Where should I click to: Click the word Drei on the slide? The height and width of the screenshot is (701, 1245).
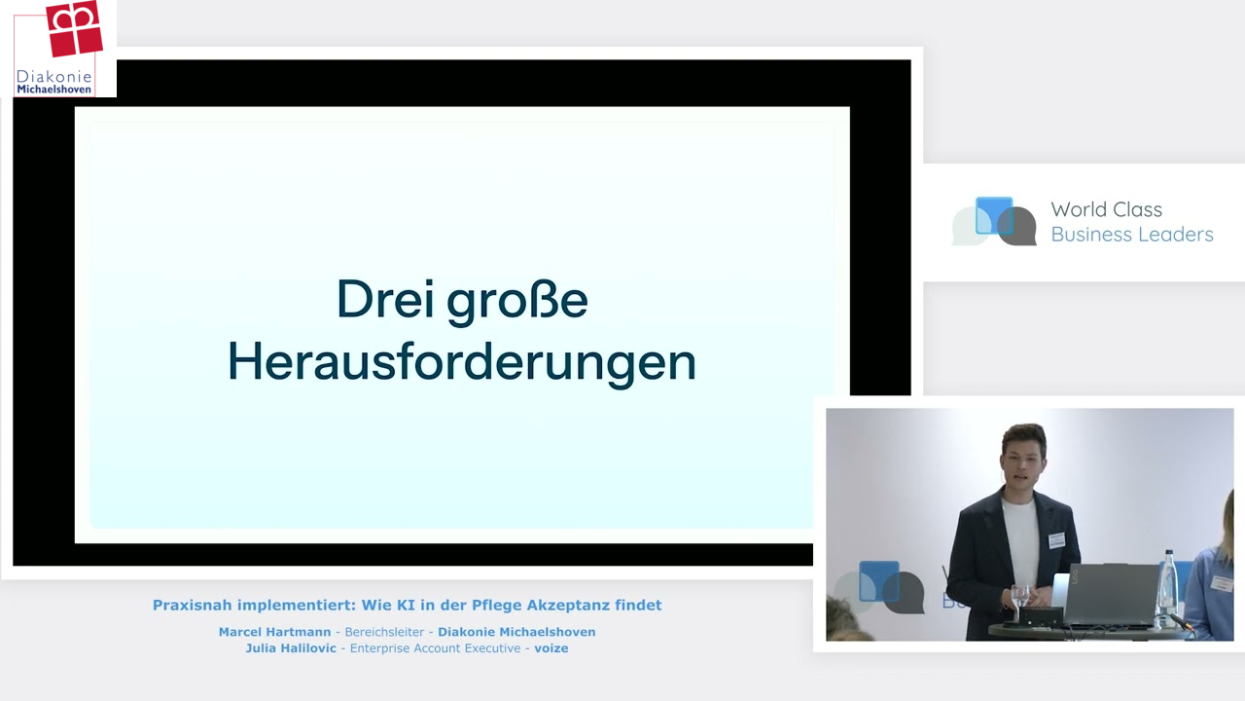click(x=385, y=299)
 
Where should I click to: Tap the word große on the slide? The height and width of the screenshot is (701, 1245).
click(x=517, y=302)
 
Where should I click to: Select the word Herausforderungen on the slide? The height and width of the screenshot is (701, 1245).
click(x=462, y=363)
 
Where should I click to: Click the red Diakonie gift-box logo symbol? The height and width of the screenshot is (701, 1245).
click(x=74, y=28)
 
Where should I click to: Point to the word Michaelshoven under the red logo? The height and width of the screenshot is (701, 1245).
click(x=53, y=89)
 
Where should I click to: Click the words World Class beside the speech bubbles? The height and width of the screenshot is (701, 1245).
click(x=1106, y=209)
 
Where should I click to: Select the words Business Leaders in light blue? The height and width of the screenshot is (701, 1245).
click(x=1131, y=235)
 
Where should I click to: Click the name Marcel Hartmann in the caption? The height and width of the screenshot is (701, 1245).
click(x=274, y=632)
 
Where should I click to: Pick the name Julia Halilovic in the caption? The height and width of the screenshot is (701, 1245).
click(x=291, y=648)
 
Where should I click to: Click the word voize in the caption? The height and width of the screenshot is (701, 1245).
click(x=551, y=648)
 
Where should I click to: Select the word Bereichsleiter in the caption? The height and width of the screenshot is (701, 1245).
click(x=384, y=632)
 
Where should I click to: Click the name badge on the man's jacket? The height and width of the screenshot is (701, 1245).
click(x=1056, y=540)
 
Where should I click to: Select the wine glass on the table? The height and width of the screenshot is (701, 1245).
click(x=1020, y=602)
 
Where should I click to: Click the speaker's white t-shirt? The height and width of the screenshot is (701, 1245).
click(x=1021, y=539)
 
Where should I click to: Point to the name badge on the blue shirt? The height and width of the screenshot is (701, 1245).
click(x=1222, y=583)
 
